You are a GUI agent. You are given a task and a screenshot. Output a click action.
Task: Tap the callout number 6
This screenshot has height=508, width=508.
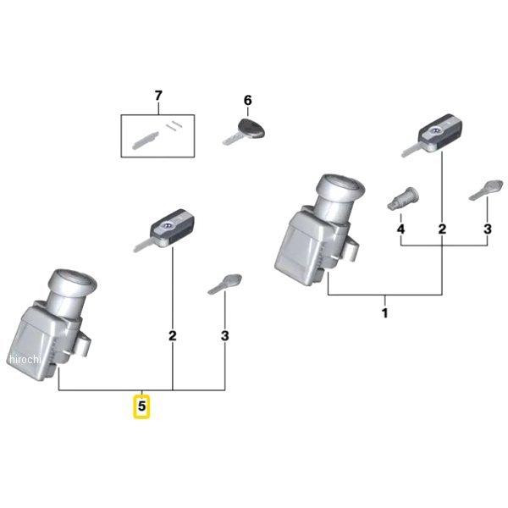click(x=247, y=101)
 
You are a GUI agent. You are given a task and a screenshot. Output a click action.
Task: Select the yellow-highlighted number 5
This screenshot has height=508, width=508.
click(x=142, y=406)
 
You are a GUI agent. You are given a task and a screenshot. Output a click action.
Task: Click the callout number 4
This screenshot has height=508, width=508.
click(x=400, y=229)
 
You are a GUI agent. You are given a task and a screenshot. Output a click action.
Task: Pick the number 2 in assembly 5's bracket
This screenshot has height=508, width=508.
click(x=173, y=336)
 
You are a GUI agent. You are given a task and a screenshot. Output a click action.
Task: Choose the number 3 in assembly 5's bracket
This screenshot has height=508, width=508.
click(x=225, y=336)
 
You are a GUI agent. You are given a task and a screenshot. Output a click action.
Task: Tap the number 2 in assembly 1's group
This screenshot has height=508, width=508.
click(x=442, y=229)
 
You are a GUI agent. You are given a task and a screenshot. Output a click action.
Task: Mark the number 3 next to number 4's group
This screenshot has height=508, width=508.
click(x=487, y=229)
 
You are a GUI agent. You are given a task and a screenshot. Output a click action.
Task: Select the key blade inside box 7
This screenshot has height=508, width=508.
click(x=145, y=138)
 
